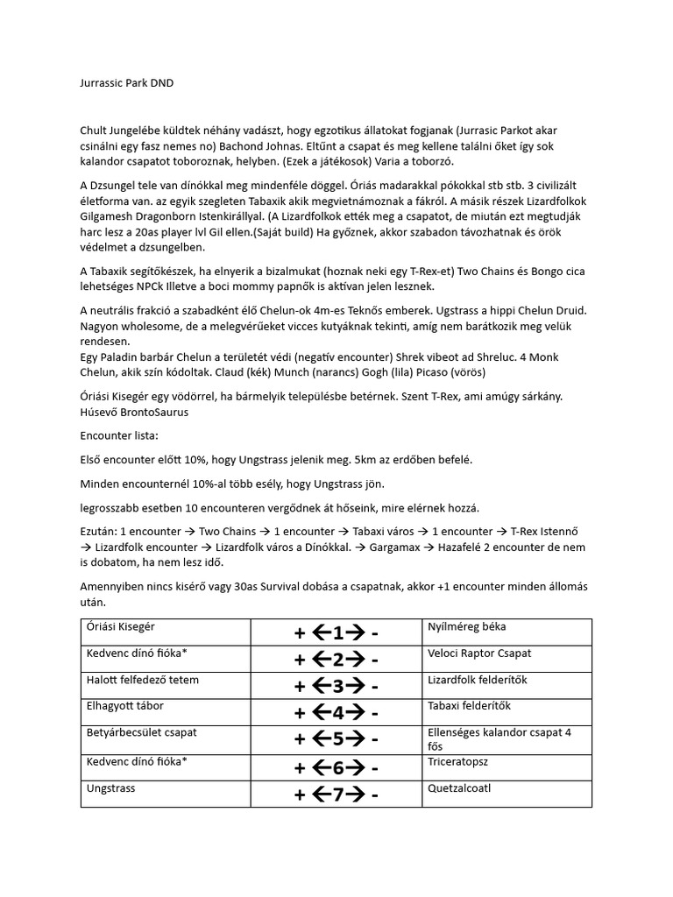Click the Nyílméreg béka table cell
467,627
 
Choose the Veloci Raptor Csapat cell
480,653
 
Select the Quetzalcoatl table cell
460,788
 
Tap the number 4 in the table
337,713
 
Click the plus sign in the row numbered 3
301,686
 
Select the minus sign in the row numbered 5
375,740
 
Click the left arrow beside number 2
319,659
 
